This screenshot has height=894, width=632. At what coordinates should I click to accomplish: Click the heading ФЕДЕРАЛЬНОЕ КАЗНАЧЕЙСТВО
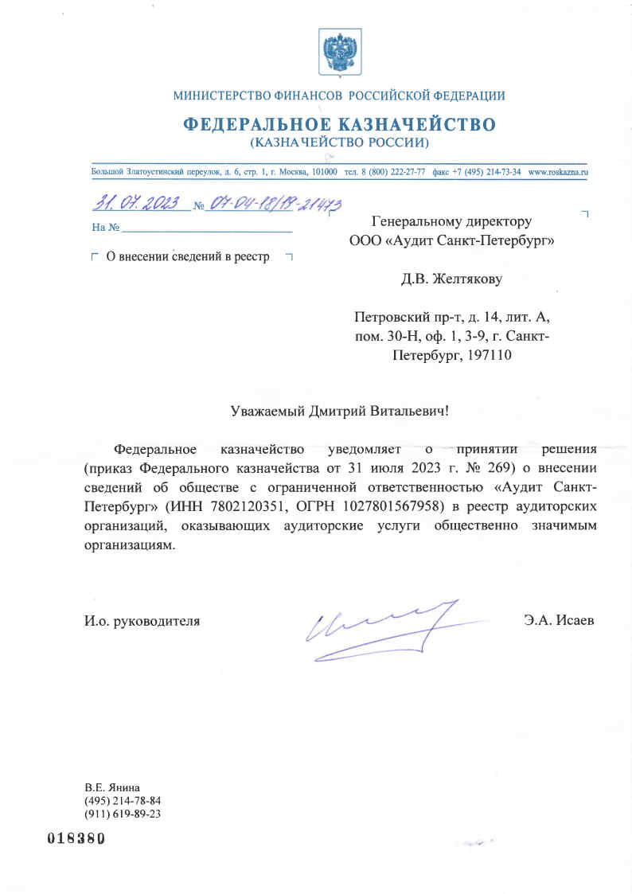pos(339,125)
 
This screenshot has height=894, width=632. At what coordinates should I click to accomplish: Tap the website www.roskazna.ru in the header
pos(557,172)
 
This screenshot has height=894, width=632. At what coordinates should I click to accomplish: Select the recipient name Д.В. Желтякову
pos(451,279)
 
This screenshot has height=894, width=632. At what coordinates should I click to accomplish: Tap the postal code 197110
pos(488,355)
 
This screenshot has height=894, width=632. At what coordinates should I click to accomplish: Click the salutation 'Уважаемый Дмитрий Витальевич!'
pos(339,411)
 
